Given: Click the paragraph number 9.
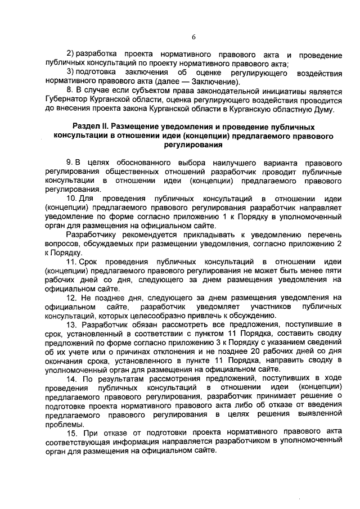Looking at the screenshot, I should click(70, 163).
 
